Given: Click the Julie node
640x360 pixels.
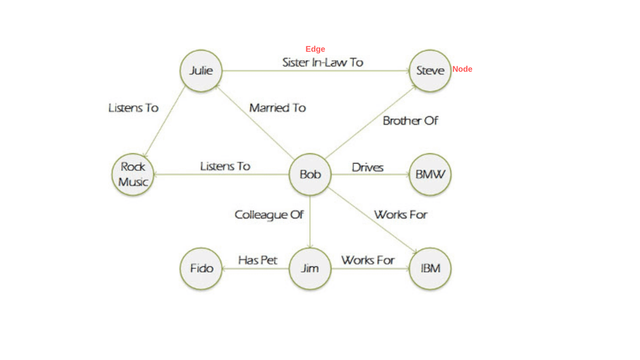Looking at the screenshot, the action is (201, 71).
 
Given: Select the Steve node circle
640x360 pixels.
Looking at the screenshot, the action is (430, 71).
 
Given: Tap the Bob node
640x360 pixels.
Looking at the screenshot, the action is (310, 175).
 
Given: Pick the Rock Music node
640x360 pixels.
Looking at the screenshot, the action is (133, 175).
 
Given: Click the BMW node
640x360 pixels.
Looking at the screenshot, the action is (430, 175).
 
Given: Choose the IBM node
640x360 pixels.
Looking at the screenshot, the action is (430, 269).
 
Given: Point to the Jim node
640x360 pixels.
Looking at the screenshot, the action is (310, 269).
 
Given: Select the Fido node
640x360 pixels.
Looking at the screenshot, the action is (201, 269).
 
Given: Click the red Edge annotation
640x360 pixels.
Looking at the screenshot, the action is (315, 49).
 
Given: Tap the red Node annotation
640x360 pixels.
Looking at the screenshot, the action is (462, 69).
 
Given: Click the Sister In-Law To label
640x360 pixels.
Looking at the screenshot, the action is (322, 62).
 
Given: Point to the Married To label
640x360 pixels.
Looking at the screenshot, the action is (277, 108).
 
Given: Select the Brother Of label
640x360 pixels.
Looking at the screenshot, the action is (410, 121).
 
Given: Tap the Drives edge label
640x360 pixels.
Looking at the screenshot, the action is (367, 167).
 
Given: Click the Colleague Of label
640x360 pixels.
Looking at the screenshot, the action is (269, 215).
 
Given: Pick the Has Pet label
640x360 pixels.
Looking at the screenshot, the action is (258, 260).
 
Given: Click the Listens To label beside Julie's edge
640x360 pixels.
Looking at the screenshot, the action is (133, 108).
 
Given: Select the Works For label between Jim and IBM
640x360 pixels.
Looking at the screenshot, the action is (368, 260).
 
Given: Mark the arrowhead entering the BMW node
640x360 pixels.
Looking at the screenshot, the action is (408, 175).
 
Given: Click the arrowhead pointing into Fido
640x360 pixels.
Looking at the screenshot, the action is (224, 269).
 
